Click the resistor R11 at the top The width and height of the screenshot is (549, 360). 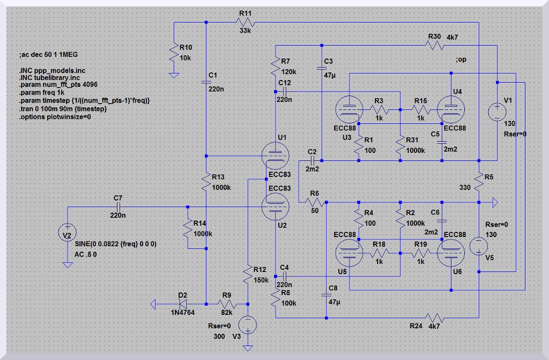246,23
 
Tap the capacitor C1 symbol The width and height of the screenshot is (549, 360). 207,82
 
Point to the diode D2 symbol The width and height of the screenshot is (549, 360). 182,304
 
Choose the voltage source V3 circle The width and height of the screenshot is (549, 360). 248,324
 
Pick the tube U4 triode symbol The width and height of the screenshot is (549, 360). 451,110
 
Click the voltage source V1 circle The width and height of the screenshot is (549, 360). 497,112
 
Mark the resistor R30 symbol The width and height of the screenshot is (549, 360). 435,46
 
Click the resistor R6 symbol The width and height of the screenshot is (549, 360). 314,202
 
